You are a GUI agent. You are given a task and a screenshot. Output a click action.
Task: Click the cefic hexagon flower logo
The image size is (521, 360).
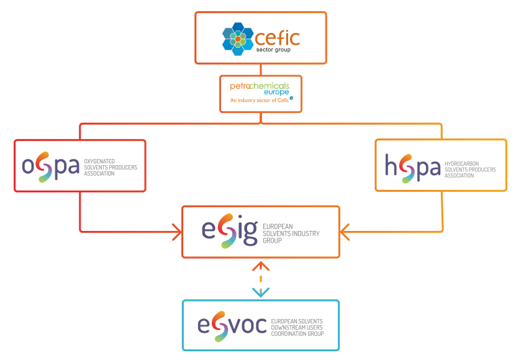click(x=238, y=37)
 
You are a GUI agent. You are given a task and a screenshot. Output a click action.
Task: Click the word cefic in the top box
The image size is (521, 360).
click(x=278, y=37)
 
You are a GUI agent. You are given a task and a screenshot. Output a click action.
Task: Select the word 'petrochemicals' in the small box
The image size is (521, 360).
click(x=261, y=84)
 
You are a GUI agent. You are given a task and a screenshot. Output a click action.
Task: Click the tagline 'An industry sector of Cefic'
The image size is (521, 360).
click(x=260, y=99)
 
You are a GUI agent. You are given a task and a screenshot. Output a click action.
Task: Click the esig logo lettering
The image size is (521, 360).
click(x=229, y=231)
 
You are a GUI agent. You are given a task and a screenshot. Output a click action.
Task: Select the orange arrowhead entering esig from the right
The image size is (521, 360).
click(x=345, y=232)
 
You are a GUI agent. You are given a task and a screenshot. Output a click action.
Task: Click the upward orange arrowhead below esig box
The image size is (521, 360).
click(x=261, y=266)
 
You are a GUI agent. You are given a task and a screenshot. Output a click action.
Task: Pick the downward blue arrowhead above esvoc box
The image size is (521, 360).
click(x=261, y=292)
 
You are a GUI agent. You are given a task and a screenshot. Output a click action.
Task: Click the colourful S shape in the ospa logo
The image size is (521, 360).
click(x=44, y=167)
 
